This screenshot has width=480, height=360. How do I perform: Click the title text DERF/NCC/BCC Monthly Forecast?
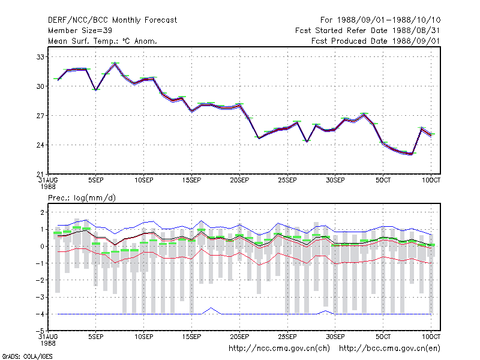(112, 20)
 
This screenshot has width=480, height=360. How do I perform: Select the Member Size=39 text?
(80, 31)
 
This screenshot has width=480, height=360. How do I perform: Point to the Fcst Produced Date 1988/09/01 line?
(376, 41)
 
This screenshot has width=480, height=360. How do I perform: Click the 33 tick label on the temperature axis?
(40, 57)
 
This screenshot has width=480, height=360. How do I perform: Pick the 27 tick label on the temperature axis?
(40, 116)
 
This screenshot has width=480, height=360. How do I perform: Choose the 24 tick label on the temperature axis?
(40, 145)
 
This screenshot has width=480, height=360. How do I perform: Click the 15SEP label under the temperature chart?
(191, 181)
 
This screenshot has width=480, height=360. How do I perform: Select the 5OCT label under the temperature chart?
(383, 181)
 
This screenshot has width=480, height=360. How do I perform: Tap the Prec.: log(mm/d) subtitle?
(82, 198)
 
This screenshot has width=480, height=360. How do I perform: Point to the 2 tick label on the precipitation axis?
(42, 212)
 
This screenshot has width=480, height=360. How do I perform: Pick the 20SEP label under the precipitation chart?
(239, 337)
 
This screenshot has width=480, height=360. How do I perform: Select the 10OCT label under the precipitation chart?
(431, 337)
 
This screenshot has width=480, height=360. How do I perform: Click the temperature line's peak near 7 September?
(115, 64)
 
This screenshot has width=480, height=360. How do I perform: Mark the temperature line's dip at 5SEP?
(96, 89)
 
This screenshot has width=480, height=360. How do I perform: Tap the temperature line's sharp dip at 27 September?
(307, 141)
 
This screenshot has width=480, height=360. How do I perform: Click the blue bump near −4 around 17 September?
(211, 308)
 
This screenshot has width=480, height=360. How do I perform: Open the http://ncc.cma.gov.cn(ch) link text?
(279, 349)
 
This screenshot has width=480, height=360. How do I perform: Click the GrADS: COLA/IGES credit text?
(27, 356)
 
